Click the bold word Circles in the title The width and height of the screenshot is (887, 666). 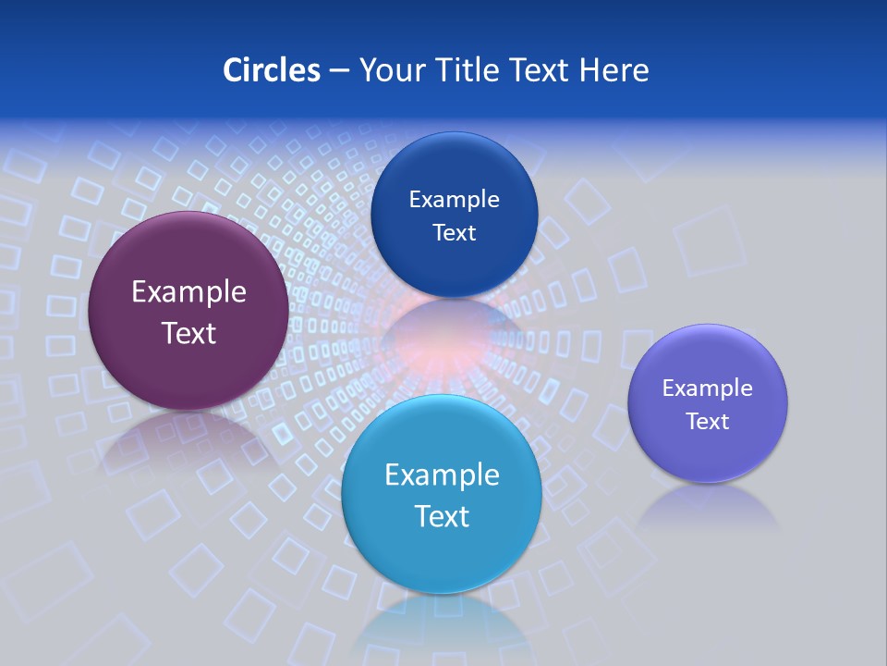point(271,70)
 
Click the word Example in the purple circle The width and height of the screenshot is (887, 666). point(188,292)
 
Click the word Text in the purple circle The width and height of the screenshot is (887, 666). point(188,333)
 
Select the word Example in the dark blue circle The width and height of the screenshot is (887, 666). point(454,200)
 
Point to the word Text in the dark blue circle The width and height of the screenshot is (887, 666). point(454,233)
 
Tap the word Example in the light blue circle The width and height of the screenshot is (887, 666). point(442,475)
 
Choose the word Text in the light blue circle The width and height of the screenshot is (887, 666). point(442,516)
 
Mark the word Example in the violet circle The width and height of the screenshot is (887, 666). point(708,388)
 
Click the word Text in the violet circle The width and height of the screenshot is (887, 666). point(708,422)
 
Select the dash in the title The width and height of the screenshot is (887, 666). point(339,71)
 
